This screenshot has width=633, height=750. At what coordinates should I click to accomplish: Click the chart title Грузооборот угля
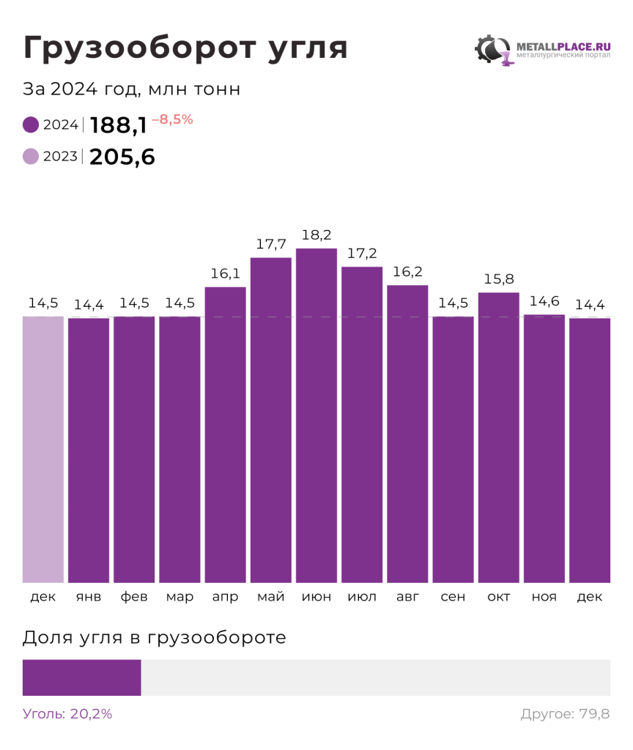[185, 48]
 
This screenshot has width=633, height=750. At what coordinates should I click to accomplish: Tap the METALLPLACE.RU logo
[543, 50]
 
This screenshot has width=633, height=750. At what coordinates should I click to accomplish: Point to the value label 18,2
[316, 235]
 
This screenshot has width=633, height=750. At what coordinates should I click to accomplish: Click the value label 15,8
[498, 279]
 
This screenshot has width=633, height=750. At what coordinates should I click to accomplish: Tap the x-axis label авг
[407, 597]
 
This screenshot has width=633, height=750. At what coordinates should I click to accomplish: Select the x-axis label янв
[89, 597]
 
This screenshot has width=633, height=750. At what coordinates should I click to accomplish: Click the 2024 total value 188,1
[119, 125]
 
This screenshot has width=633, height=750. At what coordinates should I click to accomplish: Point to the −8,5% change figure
[172, 119]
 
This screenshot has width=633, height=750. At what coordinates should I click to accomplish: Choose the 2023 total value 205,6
[122, 157]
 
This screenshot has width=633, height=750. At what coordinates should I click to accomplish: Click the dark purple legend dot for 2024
[31, 125]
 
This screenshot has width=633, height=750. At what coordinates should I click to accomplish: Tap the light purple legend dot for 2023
[31, 156]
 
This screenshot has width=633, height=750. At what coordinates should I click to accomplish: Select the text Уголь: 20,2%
[67, 714]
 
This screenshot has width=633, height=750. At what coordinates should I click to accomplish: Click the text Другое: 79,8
[565, 714]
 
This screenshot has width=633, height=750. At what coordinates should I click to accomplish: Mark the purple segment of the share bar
[81, 677]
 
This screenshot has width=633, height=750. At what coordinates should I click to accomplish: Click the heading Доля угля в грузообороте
[155, 638]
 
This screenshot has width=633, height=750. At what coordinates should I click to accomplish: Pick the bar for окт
[498, 437]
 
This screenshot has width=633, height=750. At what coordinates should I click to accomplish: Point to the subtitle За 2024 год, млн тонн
[132, 89]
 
